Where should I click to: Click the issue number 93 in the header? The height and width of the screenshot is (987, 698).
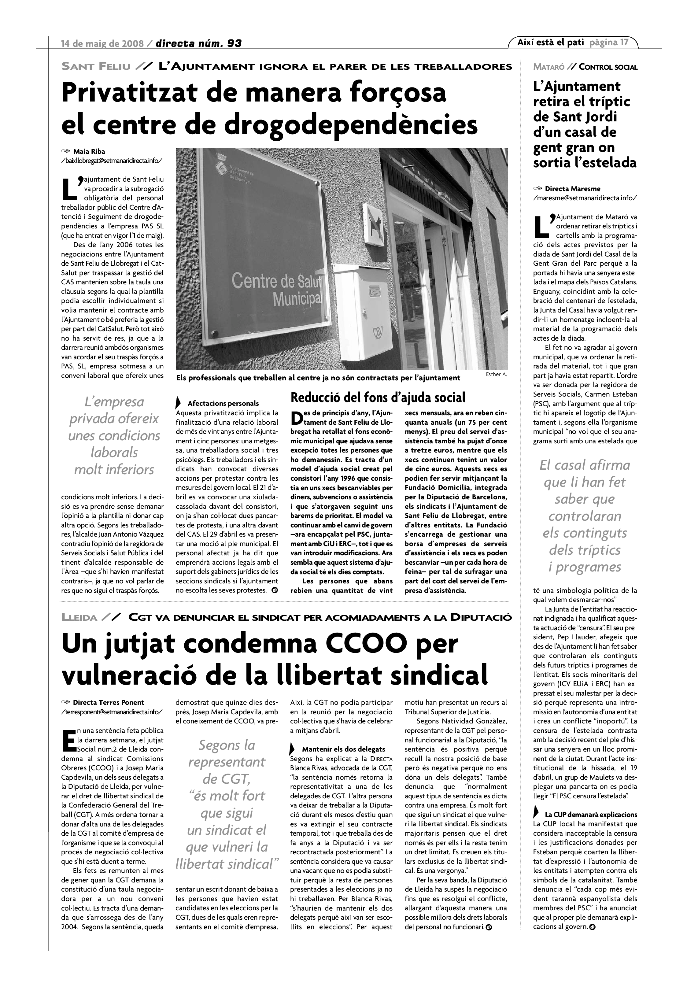(x=234, y=43)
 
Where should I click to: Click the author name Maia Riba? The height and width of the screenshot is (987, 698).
(x=89, y=151)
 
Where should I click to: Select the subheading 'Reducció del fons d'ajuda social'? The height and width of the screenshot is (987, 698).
(x=378, y=397)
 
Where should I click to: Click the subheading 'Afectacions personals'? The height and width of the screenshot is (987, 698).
(x=223, y=403)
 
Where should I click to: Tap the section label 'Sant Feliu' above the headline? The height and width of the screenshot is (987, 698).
(x=96, y=67)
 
